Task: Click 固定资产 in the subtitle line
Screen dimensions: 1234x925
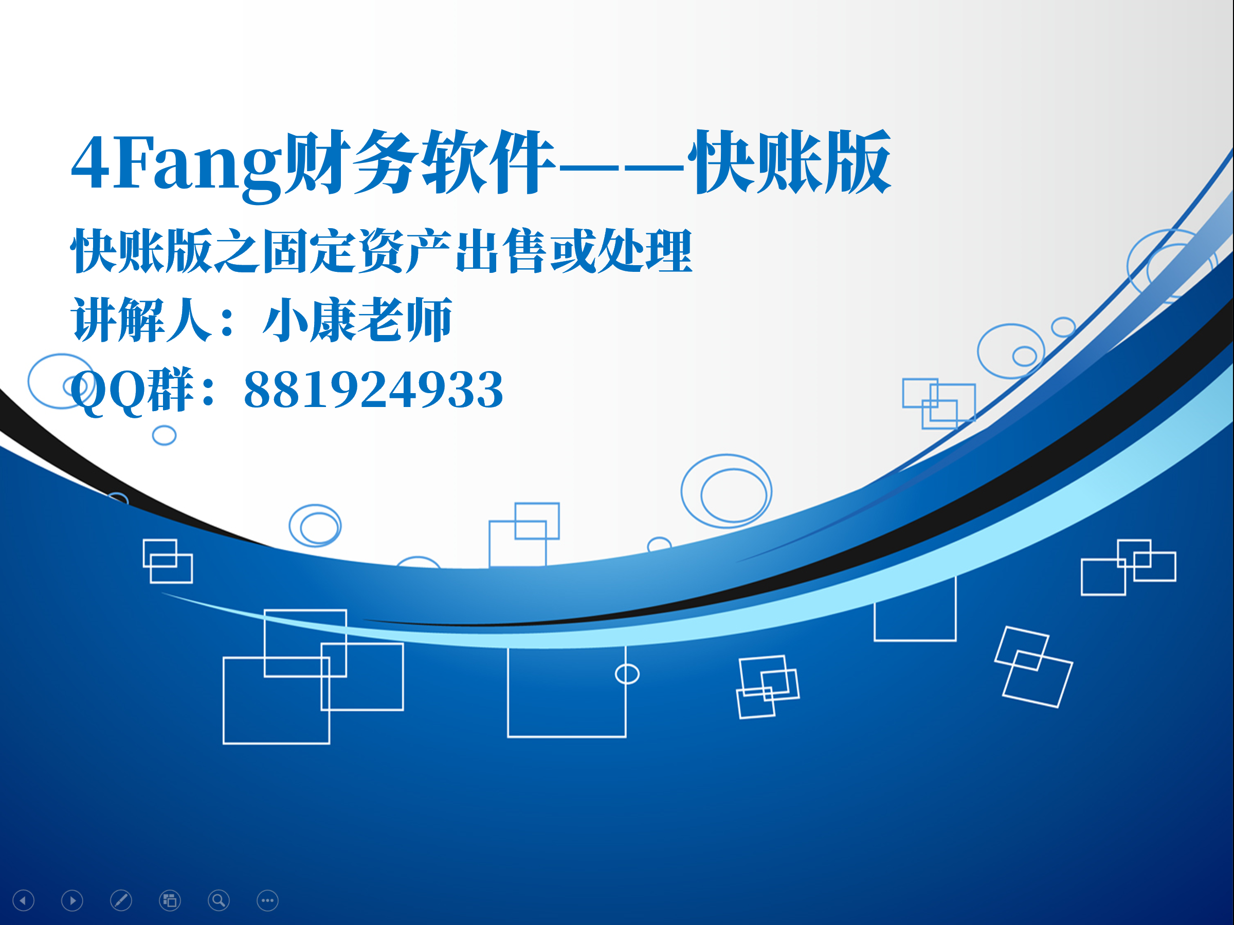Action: pos(356,251)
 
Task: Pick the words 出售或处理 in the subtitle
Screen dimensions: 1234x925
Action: pos(574,251)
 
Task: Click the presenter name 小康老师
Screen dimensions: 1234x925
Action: pos(357,320)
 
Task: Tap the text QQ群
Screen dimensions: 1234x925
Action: pos(132,390)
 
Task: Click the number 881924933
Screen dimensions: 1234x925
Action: pos(374,390)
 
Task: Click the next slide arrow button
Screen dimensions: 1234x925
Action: pos(72,900)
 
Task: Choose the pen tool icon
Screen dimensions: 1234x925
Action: pos(121,900)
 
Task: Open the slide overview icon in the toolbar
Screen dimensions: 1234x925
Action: pos(170,900)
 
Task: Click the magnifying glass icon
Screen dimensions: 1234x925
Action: pos(219,900)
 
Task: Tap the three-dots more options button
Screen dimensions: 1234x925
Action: pos(268,900)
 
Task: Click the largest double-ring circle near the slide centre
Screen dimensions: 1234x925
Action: pos(682,491)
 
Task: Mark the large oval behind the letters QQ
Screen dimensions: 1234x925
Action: pos(29,381)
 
